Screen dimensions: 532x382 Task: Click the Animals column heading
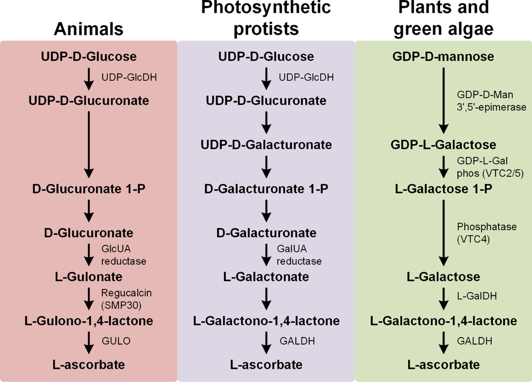point(89,29)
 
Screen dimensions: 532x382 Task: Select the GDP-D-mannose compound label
point(443,57)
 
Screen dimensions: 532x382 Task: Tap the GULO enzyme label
point(116,341)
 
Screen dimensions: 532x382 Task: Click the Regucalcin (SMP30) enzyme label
point(126,299)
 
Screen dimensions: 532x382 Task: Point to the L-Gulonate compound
point(89,277)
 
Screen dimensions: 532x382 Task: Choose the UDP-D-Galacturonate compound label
point(266,145)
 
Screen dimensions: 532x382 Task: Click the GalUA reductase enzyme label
point(299,255)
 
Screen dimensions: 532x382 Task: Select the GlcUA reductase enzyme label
point(124,255)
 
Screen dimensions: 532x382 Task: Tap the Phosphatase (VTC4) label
point(487,233)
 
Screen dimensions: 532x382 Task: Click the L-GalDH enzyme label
point(477,296)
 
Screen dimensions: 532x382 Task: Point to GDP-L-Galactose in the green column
point(443,145)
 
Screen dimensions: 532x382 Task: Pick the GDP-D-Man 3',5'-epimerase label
point(492,101)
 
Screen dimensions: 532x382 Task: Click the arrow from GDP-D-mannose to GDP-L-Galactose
point(443,101)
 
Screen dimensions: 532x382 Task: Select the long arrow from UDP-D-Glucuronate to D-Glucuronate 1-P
point(89,145)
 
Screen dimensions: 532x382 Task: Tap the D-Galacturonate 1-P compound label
point(266,189)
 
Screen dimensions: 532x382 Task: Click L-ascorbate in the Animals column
point(89,365)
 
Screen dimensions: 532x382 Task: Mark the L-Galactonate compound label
point(266,277)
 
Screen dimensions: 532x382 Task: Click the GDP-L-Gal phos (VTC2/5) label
point(490,167)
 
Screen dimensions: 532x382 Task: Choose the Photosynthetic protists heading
point(266,19)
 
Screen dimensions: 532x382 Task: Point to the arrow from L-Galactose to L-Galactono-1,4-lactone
point(443,299)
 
